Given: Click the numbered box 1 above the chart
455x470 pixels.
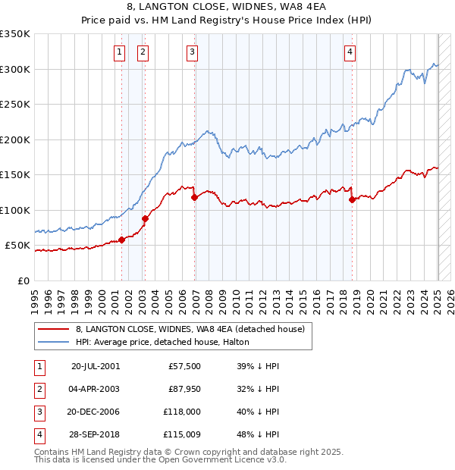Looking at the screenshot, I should pos(120,52).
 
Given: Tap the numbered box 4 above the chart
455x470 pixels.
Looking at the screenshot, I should pos(350,52).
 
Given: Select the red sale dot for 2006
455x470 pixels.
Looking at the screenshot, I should pos(194,197).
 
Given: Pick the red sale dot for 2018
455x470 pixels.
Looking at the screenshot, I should pos(352,199).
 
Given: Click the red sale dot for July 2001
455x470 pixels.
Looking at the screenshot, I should pos(121,240).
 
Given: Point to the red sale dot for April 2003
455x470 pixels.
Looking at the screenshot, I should pos(144,218).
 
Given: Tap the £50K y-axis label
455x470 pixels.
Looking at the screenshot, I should pos(17,246).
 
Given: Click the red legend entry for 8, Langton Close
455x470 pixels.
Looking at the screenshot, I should pos(190,329).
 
